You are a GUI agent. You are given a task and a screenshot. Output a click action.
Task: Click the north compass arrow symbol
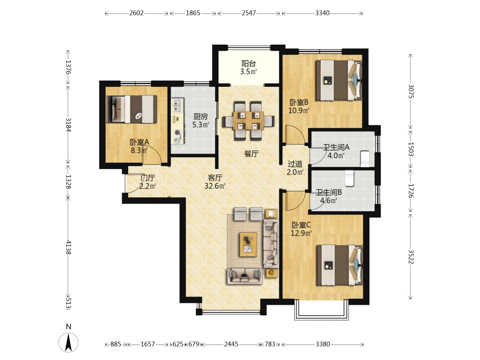point(68,342)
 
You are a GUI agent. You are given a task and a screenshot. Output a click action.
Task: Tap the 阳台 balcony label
point(249,64)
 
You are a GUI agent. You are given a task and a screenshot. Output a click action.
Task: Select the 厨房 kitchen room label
point(201,117)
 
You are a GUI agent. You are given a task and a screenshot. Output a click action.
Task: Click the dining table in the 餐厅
point(248,120)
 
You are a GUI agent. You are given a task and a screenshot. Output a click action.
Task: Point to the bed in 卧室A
point(132,109)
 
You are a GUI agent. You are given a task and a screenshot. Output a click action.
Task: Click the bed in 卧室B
point(338,80)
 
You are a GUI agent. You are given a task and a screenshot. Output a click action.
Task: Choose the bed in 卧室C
point(339,265)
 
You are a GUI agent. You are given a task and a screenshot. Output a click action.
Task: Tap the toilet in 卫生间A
point(365,158)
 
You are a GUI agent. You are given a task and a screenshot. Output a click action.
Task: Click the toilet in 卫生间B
point(349,179)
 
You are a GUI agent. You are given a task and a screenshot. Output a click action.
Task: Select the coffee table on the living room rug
point(248,244)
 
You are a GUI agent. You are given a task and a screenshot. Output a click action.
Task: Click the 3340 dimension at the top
point(323,13)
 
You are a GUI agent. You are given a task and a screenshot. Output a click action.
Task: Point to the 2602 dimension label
point(136,13)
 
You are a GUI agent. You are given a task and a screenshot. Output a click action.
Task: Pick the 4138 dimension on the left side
point(68,247)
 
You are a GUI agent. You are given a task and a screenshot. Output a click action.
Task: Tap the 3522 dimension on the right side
point(411,256)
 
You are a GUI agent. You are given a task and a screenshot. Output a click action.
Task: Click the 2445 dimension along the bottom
point(231,344)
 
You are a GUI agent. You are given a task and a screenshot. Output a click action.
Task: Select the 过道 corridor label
point(295,164)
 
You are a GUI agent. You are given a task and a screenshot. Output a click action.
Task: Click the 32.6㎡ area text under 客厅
point(215,186)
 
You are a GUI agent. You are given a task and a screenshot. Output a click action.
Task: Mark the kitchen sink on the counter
point(177,105)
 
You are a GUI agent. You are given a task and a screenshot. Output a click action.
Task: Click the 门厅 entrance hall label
point(148,178)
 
